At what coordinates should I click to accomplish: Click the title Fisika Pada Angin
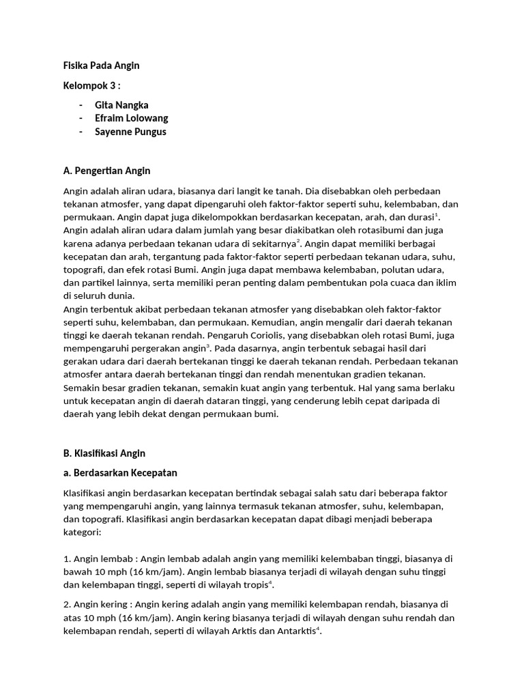pos(101,66)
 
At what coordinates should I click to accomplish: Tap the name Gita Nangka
pos(121,105)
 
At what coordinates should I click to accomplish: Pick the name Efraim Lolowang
pos(131,118)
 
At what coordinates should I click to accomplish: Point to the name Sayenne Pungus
pos(130,131)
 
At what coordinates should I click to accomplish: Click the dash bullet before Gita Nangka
pos(81,105)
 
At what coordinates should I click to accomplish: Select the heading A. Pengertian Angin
pos(106,171)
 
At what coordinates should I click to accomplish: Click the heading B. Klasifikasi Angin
pos(104,453)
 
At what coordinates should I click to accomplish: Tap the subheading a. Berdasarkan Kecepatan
pos(120,473)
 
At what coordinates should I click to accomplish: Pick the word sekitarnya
pos(272,244)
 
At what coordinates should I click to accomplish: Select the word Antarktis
pos(295,631)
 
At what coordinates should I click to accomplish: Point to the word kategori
pos(82,532)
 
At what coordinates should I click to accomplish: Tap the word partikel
pos(101,283)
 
